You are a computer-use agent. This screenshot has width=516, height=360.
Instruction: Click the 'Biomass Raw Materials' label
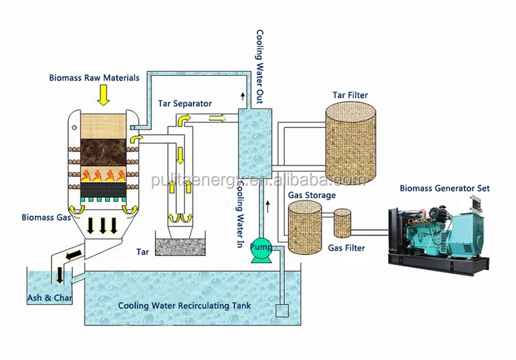click(x=94, y=78)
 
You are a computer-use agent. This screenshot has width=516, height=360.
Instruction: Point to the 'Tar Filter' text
click(x=350, y=95)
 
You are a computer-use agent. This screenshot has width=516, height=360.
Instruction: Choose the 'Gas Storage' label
click(x=311, y=195)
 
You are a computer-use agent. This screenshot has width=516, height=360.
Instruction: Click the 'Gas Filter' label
click(x=346, y=248)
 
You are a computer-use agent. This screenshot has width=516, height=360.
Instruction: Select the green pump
click(x=261, y=251)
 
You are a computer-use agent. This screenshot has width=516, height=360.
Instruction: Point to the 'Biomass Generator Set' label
click(x=441, y=187)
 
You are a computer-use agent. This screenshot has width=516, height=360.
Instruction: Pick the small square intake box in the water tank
click(x=281, y=310)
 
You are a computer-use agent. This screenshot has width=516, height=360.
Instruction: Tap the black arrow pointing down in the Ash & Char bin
click(x=61, y=275)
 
